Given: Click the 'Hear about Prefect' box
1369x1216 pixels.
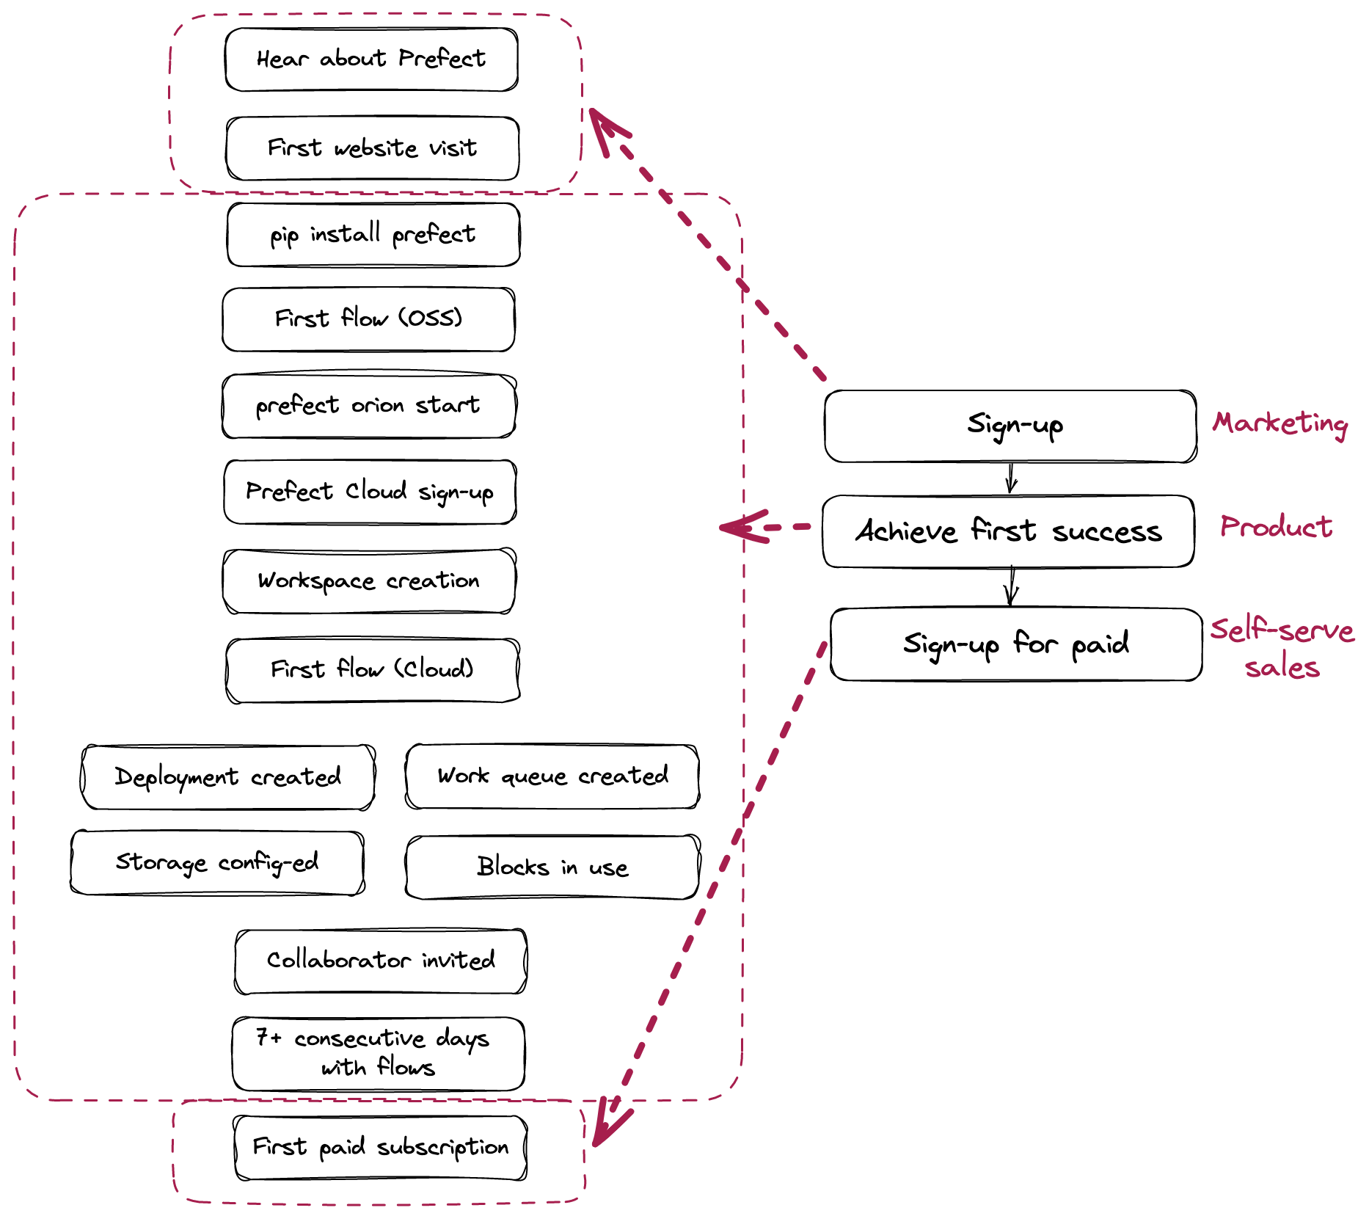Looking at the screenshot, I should tap(371, 59).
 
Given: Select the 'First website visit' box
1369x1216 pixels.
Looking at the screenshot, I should tap(373, 148).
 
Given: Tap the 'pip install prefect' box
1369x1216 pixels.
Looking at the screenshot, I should tap(373, 235).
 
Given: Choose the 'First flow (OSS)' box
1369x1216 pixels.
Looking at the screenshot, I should tap(368, 319).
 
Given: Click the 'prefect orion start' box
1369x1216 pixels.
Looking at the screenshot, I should tap(368, 406).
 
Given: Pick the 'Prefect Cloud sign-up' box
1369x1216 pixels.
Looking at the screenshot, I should tap(370, 492).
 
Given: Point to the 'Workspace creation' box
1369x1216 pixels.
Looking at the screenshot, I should tap(368, 581).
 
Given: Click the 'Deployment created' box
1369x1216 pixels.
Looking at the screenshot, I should tap(227, 777).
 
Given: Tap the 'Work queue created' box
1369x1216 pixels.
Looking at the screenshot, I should tap(552, 776).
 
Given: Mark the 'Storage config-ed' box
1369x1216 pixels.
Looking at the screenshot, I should tap(217, 863).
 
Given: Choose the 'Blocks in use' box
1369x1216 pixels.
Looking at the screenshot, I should tap(552, 867).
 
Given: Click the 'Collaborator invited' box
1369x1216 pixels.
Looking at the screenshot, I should tap(380, 961).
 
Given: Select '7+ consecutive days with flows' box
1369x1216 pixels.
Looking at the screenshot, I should tap(378, 1053).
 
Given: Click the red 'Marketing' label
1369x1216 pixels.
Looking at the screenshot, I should tap(1279, 423).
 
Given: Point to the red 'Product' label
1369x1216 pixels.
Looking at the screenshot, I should tap(1276, 527).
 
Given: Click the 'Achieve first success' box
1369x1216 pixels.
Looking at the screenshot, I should tap(1008, 531).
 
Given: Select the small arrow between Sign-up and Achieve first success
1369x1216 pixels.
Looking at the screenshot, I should tap(1011, 478).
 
